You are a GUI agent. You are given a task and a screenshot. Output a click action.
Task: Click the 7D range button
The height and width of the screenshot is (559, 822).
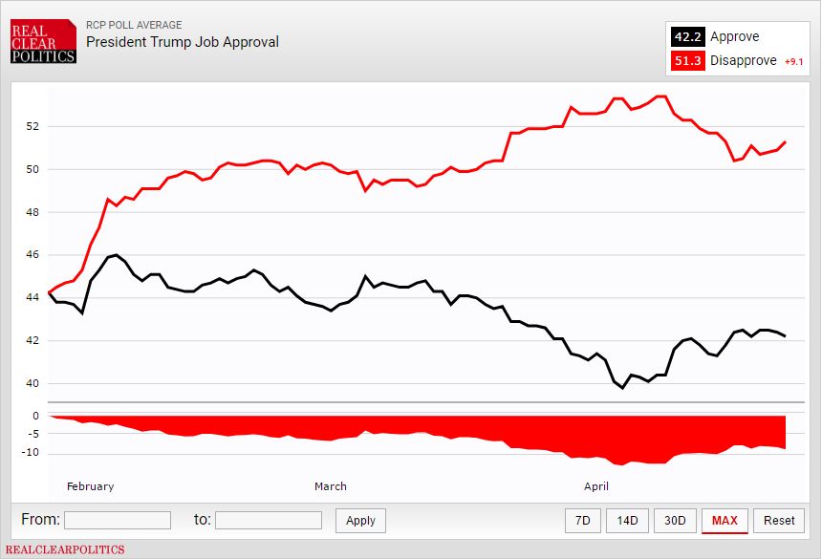tap(582, 520)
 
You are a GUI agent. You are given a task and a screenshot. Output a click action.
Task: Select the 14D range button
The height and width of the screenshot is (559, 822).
tap(627, 520)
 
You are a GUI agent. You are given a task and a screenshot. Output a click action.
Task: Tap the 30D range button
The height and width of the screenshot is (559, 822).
tap(675, 520)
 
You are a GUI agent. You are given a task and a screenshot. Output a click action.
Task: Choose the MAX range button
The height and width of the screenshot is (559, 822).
tap(725, 520)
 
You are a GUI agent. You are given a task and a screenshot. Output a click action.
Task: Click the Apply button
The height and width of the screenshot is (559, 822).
tap(360, 520)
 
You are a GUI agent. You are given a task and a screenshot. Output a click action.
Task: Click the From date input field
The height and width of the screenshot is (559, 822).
tap(117, 520)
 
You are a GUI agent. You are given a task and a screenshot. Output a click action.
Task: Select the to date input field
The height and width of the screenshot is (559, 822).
tap(269, 520)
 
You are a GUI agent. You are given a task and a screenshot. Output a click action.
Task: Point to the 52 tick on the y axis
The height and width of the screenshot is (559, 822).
tap(32, 126)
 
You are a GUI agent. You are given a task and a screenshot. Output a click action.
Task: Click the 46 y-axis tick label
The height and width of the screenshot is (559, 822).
tap(32, 255)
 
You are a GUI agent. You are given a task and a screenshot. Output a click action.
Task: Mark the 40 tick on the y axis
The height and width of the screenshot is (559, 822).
tap(32, 384)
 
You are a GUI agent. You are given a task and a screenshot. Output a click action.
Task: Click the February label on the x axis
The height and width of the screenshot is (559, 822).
tap(90, 486)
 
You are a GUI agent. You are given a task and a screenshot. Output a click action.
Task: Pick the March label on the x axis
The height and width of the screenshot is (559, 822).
tap(331, 486)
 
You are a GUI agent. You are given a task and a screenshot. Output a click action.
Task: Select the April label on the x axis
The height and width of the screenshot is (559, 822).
tap(596, 486)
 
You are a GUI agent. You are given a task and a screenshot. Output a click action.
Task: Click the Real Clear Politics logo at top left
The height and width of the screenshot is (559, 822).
tap(43, 42)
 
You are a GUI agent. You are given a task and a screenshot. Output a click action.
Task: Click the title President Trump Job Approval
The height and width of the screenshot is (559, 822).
tap(183, 42)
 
